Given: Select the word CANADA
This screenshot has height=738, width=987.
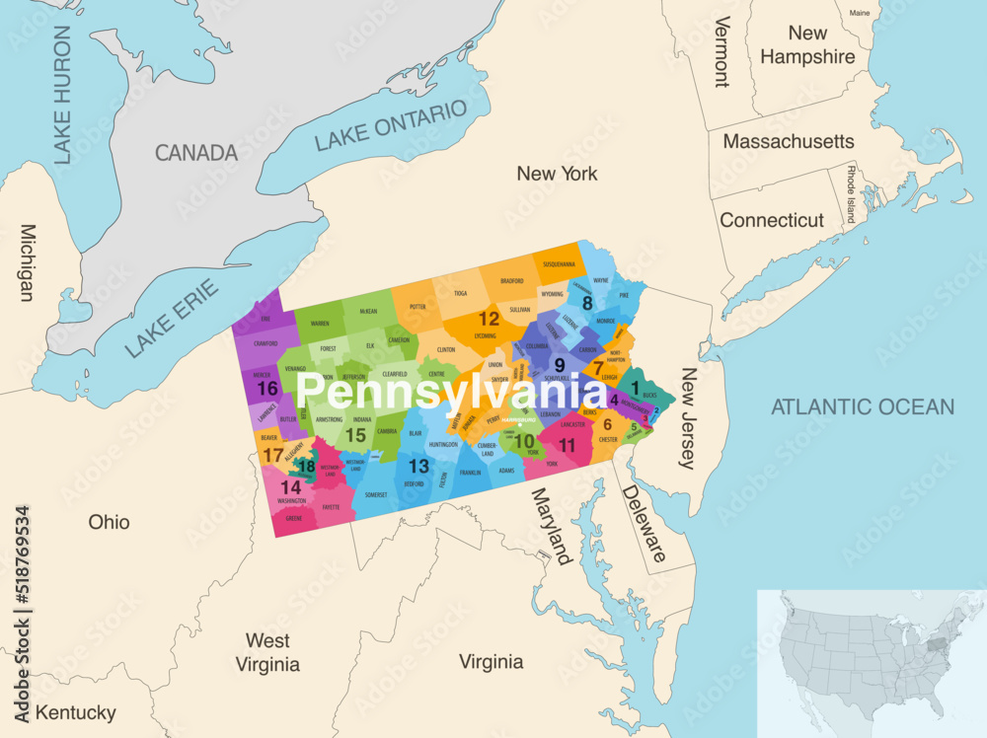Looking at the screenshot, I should pyautogui.click(x=195, y=153).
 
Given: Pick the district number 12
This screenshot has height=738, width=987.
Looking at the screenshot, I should pyautogui.click(x=489, y=319).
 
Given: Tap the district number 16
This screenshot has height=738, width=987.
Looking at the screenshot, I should pyautogui.click(x=266, y=389).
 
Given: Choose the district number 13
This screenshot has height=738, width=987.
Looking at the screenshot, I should pyautogui.click(x=419, y=466).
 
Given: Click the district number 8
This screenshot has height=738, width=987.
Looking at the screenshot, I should pyautogui.click(x=587, y=303).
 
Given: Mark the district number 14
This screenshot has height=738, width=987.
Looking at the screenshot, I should pyautogui.click(x=289, y=487).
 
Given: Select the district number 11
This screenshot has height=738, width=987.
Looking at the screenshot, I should pyautogui.click(x=567, y=445).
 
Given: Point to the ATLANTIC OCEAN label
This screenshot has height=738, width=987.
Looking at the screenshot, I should pyautogui.click(x=863, y=406).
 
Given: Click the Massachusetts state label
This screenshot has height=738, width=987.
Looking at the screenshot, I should pyautogui.click(x=789, y=142).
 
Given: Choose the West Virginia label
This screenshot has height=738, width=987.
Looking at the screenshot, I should pyautogui.click(x=267, y=652).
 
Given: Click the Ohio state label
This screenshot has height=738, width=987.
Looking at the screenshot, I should pyautogui.click(x=109, y=522).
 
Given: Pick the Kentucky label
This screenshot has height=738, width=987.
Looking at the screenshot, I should pyautogui.click(x=75, y=712).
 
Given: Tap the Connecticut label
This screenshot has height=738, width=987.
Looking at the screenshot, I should pyautogui.click(x=771, y=220).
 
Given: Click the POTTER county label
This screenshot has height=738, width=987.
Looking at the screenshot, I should pyautogui.click(x=418, y=307).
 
